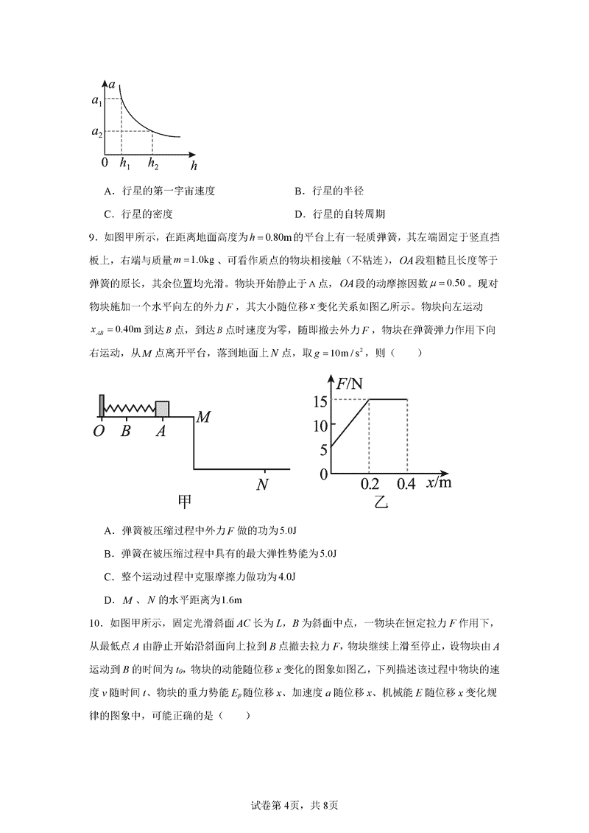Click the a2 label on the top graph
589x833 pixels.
click(96, 132)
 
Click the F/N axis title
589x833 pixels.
click(350, 383)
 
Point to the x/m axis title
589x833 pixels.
click(440, 482)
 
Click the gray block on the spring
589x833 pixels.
click(162, 409)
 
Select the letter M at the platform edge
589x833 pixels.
click(204, 418)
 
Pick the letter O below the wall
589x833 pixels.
click(99, 432)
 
